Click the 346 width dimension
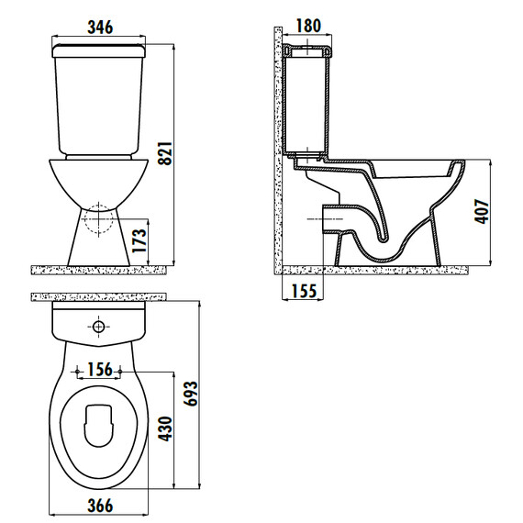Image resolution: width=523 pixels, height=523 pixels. click(x=100, y=27)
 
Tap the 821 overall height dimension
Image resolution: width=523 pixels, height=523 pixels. click(x=165, y=154)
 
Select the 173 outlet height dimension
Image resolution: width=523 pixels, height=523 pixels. click(x=139, y=240)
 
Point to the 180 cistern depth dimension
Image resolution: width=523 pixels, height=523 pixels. click(x=308, y=26)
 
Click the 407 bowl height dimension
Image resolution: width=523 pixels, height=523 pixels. click(x=482, y=211)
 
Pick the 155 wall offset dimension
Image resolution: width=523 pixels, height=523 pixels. click(x=304, y=291)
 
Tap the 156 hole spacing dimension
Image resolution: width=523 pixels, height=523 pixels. click(x=100, y=370)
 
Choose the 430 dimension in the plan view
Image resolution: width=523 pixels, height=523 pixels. click(x=166, y=428)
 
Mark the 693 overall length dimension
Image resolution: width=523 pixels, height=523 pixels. click(x=192, y=394)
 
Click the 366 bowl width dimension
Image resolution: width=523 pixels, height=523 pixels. click(x=100, y=506)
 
